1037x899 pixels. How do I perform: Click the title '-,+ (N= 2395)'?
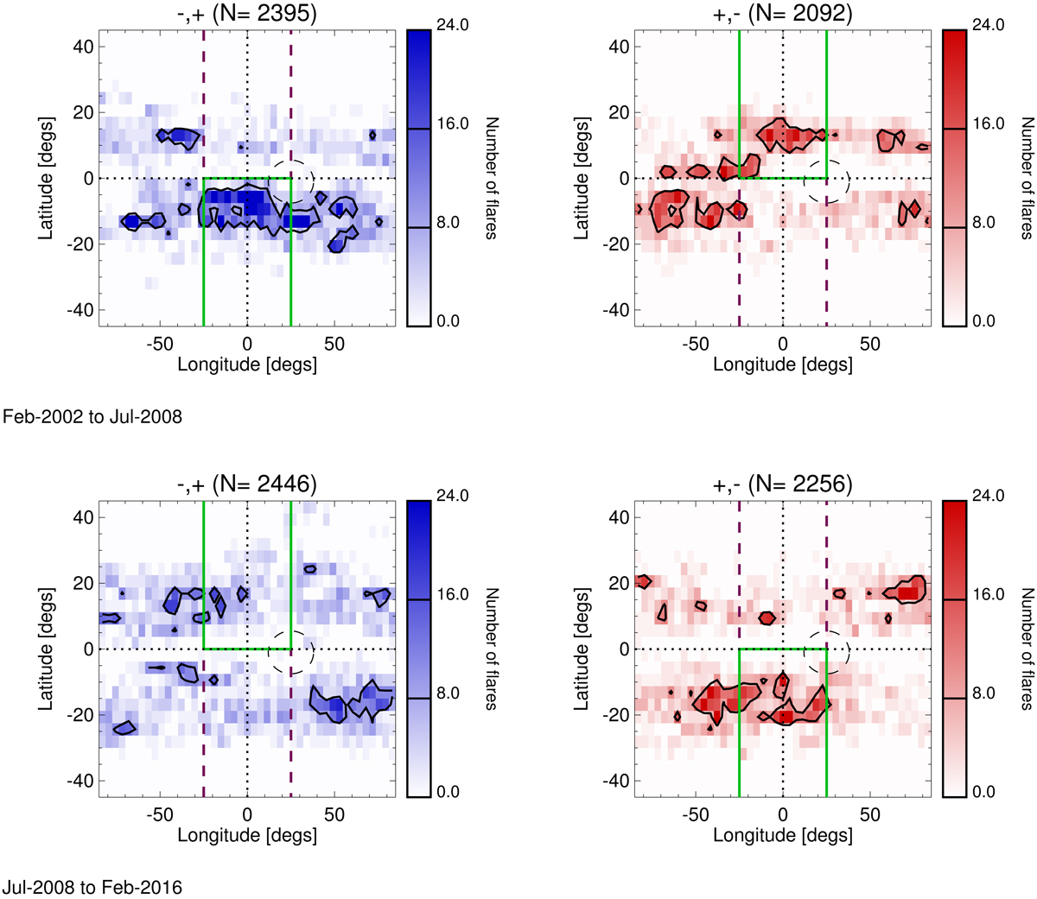pos(247,15)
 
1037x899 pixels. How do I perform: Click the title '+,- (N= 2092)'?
pos(783,15)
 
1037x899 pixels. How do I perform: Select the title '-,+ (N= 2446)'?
pos(247,485)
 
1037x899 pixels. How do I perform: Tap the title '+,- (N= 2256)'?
pos(783,485)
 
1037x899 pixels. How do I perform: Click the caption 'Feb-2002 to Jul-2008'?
pos(92,417)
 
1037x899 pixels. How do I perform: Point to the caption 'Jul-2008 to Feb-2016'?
pos(92,887)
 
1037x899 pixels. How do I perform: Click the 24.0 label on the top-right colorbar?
pos(964,26)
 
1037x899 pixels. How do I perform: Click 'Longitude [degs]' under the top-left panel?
pos(247,364)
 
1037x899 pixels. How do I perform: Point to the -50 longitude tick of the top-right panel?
pos(696,344)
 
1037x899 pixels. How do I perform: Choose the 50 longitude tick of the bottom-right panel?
pos(870,814)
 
